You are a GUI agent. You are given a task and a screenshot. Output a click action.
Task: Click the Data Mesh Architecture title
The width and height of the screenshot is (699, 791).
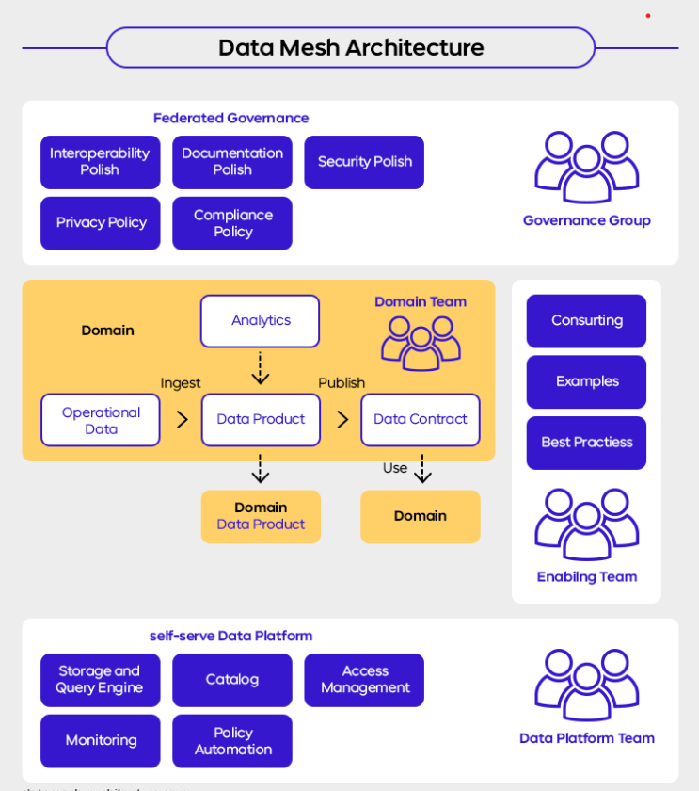350,47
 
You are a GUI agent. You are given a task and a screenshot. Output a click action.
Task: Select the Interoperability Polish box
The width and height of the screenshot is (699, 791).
100,162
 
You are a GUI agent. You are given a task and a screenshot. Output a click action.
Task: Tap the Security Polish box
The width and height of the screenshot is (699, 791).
364,162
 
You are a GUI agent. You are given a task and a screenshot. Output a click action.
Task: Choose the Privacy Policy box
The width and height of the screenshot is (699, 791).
100,223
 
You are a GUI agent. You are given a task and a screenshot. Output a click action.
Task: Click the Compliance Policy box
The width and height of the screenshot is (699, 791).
232,223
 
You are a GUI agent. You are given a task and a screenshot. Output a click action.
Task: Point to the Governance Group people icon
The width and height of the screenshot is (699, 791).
586,167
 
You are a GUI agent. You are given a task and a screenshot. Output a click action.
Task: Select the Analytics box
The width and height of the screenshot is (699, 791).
260,321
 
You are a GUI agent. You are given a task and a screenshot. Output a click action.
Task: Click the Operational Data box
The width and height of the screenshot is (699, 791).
100,420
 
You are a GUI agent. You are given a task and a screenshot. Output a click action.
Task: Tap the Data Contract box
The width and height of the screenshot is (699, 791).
420,420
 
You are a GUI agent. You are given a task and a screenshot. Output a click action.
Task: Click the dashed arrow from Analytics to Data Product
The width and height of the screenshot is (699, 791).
261,369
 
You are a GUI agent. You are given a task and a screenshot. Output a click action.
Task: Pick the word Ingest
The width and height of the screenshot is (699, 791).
180,383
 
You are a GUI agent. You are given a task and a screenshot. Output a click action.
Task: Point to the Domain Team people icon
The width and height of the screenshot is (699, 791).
421,343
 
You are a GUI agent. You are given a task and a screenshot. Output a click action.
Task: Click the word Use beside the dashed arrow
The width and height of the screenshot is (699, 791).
394,468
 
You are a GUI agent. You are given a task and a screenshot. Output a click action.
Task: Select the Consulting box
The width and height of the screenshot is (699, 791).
586,321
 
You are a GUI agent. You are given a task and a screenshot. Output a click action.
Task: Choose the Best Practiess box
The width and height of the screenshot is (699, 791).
586,443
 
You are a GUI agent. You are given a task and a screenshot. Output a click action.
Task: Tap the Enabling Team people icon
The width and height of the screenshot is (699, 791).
586,524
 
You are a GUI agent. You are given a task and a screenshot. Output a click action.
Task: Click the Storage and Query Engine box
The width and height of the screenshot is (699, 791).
100,680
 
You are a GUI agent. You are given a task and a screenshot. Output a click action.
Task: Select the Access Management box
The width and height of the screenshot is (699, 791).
364,680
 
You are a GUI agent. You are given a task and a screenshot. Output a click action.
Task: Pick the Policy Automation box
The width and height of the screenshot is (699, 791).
232,741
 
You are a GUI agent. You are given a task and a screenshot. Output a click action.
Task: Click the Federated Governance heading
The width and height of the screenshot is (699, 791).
230,118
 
